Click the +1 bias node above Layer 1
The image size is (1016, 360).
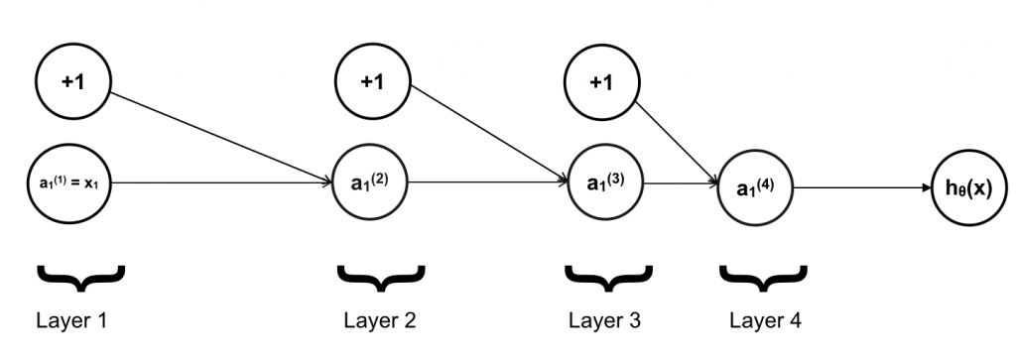(72, 82)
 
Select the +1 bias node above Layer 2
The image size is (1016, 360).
(372, 82)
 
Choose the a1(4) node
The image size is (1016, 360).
(754, 185)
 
